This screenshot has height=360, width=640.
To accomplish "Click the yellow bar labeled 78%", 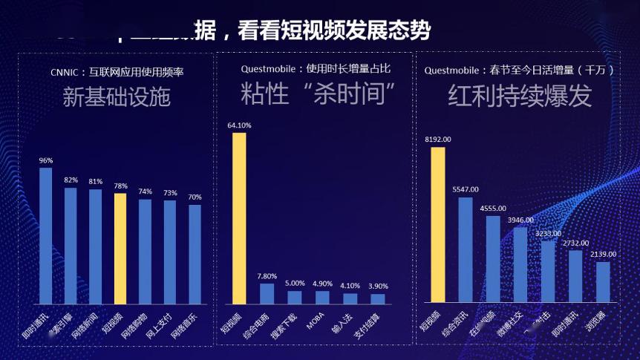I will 120,249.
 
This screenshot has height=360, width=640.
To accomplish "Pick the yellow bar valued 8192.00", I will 438,225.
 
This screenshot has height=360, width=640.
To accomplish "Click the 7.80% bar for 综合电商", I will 267,294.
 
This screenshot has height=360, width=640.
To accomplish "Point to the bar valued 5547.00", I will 466,249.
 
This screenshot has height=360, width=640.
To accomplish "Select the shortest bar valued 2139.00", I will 603,282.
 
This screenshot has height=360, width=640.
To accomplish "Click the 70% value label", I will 195,197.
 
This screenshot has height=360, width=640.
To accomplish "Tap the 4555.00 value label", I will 493,209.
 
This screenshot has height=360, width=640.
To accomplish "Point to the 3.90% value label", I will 378,286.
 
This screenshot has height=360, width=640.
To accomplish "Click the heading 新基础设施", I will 116,99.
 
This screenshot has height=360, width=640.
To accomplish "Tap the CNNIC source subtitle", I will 117,72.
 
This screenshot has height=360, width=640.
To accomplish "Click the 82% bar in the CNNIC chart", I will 71,246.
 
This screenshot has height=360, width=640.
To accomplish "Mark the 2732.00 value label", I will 575,243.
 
